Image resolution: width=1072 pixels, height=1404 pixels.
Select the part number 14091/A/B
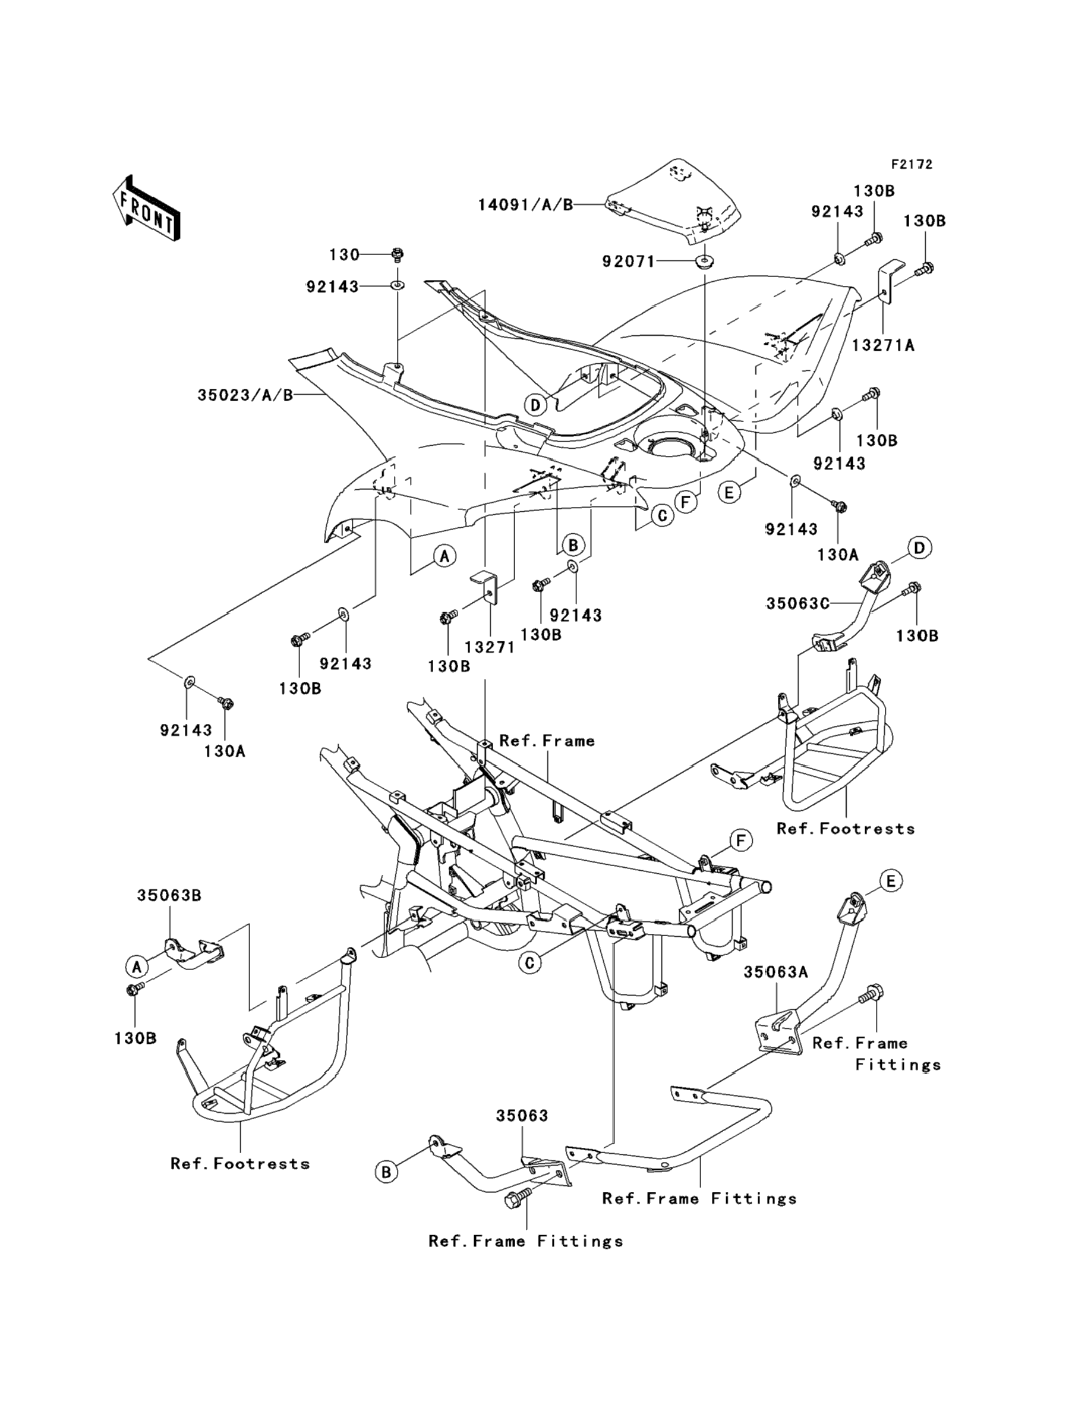[x=525, y=205]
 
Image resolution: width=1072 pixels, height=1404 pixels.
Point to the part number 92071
[x=629, y=261]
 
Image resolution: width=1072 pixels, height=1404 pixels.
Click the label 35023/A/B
[x=245, y=395]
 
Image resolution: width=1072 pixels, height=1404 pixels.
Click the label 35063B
[x=169, y=895]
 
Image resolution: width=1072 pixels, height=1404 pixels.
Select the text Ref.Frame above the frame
[x=547, y=741]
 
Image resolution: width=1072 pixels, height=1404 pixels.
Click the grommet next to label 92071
[x=704, y=262]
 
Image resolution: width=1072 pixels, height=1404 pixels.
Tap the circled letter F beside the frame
[x=740, y=840]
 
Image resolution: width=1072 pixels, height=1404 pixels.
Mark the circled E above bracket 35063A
[x=891, y=882]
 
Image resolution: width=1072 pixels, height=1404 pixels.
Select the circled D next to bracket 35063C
[x=919, y=547]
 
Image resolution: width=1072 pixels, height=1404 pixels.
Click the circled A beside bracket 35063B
[x=136, y=967]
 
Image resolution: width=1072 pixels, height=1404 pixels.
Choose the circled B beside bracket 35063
[x=386, y=1172]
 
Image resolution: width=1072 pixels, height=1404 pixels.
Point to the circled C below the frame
[x=529, y=962]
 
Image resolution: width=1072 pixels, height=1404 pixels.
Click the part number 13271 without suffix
[x=490, y=647]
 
